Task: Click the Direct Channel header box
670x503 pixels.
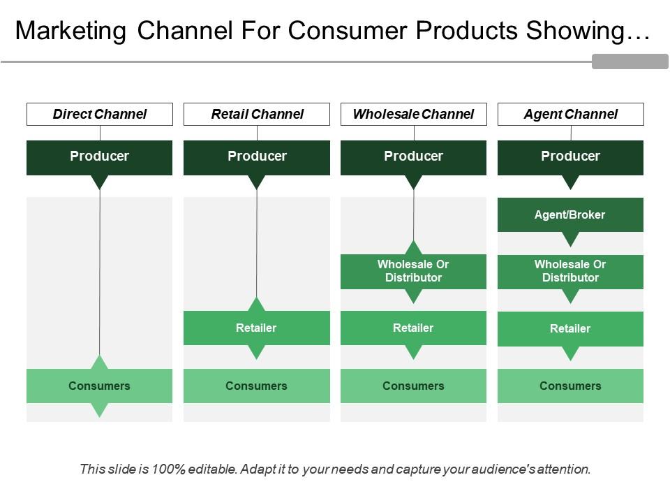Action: [100, 114]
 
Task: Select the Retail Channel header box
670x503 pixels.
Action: [257, 114]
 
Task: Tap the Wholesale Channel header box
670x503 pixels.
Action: [413, 114]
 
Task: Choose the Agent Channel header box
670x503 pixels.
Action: [570, 114]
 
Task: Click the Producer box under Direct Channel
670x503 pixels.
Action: [100, 156]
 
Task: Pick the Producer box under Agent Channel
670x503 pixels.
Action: [570, 156]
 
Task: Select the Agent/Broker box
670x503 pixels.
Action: [570, 214]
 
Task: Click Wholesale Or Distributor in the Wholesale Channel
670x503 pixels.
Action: [413, 271]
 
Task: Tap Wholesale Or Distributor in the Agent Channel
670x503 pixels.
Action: [570, 271]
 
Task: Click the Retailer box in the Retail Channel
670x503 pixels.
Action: [257, 328]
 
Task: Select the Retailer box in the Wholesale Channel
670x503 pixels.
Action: [413, 328]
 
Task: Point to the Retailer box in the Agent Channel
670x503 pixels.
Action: [570, 328]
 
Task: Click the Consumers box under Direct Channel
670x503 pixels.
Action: [100, 386]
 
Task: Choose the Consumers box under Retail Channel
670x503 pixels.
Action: [257, 386]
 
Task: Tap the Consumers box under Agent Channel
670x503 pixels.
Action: [570, 386]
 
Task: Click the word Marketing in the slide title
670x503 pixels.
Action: [70, 31]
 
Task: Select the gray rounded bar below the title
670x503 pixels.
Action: [630, 61]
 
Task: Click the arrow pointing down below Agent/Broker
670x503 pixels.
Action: [571, 240]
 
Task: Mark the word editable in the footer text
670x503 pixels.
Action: [214, 469]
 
